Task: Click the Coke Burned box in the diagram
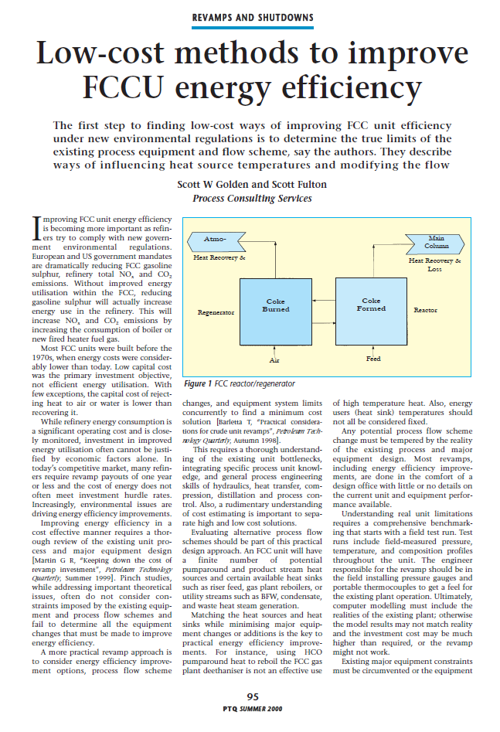276,305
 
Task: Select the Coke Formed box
371,305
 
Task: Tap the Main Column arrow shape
435,241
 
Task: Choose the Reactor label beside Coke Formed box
425,310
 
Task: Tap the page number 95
252,697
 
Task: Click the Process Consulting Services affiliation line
251,199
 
